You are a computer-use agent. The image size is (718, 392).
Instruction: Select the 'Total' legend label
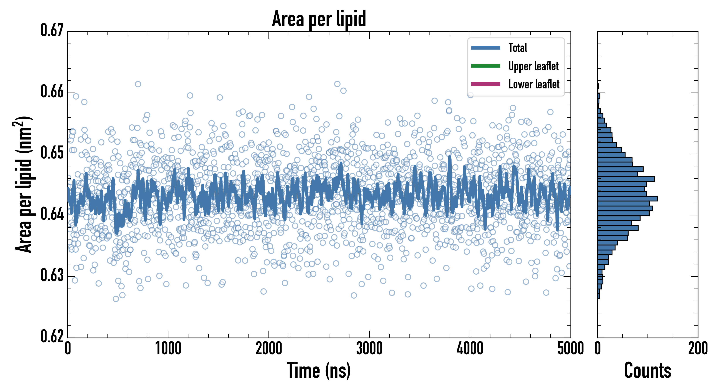(518, 48)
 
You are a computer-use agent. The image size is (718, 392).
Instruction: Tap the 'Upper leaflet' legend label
(533, 66)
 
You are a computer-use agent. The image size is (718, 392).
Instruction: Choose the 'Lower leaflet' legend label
(534, 84)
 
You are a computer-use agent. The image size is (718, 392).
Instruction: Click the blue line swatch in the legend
(485, 48)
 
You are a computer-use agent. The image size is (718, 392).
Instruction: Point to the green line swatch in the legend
(485, 66)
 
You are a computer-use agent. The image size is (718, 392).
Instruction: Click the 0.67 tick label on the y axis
(52, 30)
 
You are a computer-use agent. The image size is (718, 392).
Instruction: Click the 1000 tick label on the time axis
(168, 349)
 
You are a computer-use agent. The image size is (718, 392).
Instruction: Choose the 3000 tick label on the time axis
(369, 349)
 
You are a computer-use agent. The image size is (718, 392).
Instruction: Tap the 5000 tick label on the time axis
(570, 349)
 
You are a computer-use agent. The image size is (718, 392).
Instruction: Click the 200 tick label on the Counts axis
(698, 349)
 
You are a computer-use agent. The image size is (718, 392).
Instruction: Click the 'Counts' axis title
(648, 370)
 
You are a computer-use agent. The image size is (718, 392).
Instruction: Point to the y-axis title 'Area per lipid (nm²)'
(24, 184)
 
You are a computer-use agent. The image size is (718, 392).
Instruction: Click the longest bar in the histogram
(627, 199)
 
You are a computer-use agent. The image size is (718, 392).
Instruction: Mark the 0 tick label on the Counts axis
(597, 349)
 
